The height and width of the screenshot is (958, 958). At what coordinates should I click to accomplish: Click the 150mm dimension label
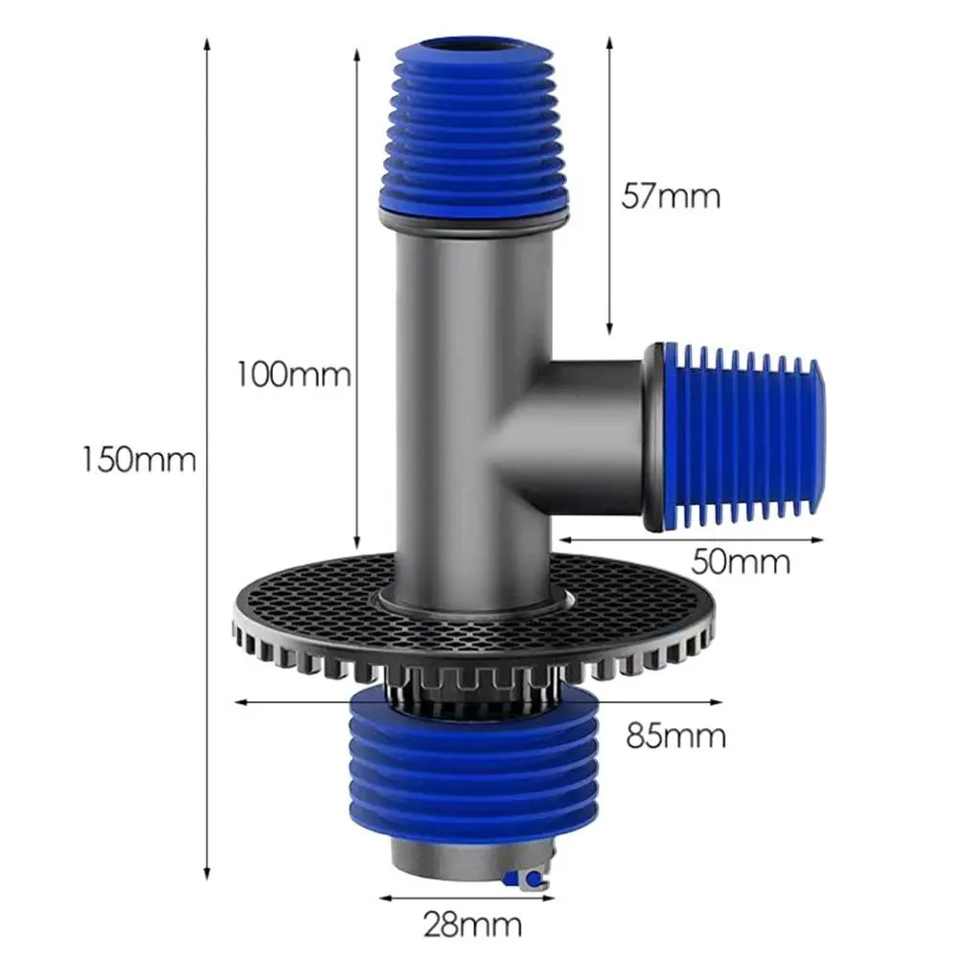139,459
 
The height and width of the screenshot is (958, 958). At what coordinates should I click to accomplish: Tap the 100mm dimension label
294,374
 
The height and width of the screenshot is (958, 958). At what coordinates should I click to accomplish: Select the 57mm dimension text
671,196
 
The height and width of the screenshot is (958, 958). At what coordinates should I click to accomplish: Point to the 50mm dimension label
741,560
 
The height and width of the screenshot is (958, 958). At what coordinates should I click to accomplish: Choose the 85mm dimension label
675,736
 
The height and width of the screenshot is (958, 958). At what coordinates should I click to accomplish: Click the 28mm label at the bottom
473,925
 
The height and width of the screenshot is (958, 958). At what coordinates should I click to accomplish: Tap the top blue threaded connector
474,127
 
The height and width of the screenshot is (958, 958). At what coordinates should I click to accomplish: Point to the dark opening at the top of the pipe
473,48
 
